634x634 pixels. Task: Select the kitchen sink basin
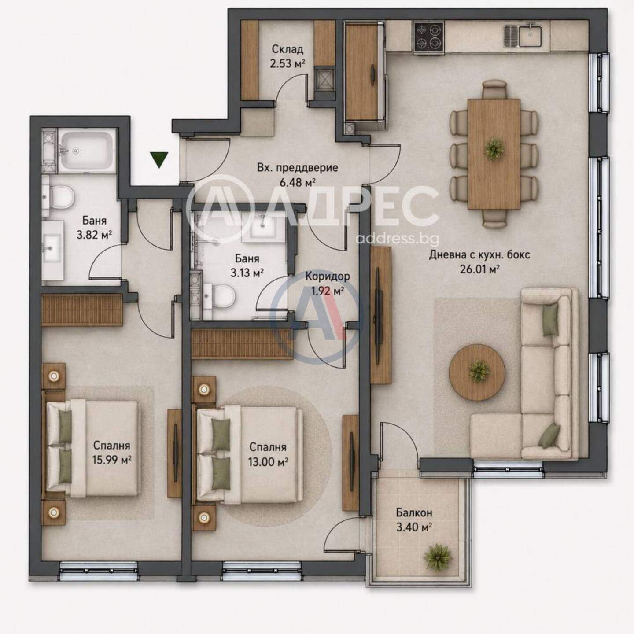530,36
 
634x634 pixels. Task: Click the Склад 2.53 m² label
287,56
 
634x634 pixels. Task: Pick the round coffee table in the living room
477,368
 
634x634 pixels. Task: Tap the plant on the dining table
494,149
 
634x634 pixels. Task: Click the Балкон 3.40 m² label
414,520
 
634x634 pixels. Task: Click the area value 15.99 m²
112,459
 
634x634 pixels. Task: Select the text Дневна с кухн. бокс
479,255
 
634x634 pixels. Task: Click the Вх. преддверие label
298,167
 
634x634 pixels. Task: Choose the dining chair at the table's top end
494,89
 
